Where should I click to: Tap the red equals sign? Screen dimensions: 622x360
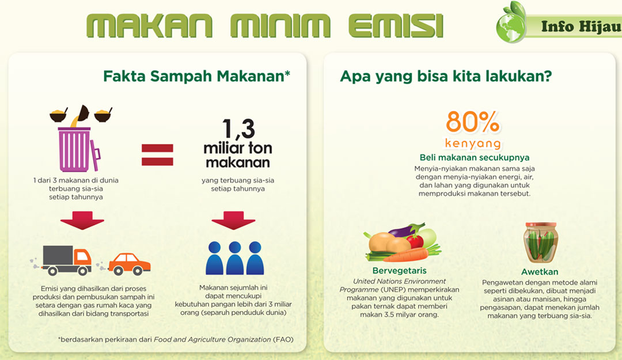pyautogui.click(x=157, y=154)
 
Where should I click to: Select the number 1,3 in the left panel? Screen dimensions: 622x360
pyautogui.click(x=238, y=128)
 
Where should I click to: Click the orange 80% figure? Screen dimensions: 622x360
pyautogui.click(x=472, y=122)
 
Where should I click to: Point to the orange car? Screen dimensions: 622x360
pyautogui.click(x=130, y=264)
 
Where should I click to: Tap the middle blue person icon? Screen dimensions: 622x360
pyautogui.click(x=235, y=258)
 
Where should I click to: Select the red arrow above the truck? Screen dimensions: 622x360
pyautogui.click(x=82, y=220)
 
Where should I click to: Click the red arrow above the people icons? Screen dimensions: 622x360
pyautogui.click(x=233, y=220)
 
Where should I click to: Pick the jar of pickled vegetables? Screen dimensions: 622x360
pyautogui.click(x=540, y=242)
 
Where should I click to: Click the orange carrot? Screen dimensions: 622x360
pyautogui.click(x=407, y=255)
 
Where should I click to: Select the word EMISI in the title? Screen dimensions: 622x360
pyautogui.click(x=396, y=26)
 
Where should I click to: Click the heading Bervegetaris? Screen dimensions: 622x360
pyautogui.click(x=400, y=271)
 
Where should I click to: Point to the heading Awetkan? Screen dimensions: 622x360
pyautogui.click(x=540, y=272)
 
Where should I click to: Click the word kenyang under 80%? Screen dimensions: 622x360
pyautogui.click(x=473, y=143)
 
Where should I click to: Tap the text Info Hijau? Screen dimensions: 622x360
pyautogui.click(x=581, y=26)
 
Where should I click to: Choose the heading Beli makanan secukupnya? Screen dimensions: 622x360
pyautogui.click(x=475, y=158)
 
